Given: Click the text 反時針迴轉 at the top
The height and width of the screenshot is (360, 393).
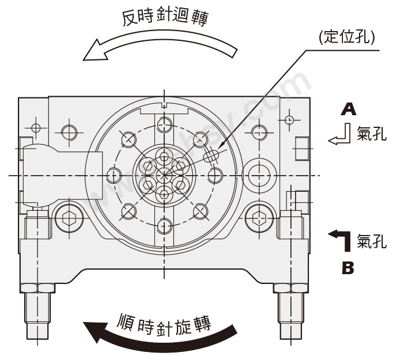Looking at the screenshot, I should click(165, 17).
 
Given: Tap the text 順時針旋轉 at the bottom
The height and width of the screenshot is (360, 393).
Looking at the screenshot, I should click(166, 320).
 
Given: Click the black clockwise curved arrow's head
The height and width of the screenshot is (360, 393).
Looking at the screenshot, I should click(95, 332).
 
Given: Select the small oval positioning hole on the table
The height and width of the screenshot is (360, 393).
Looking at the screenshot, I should click(211, 154).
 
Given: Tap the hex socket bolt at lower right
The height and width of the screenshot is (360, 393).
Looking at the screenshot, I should click(258, 218).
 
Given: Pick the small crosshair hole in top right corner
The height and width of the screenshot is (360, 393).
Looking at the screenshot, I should click(289, 120).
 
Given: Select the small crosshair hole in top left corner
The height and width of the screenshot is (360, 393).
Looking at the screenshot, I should click(36, 127).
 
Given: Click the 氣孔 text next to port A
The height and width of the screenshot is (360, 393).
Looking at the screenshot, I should click(372, 137).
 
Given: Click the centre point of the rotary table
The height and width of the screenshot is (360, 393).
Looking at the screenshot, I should click(165, 174).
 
